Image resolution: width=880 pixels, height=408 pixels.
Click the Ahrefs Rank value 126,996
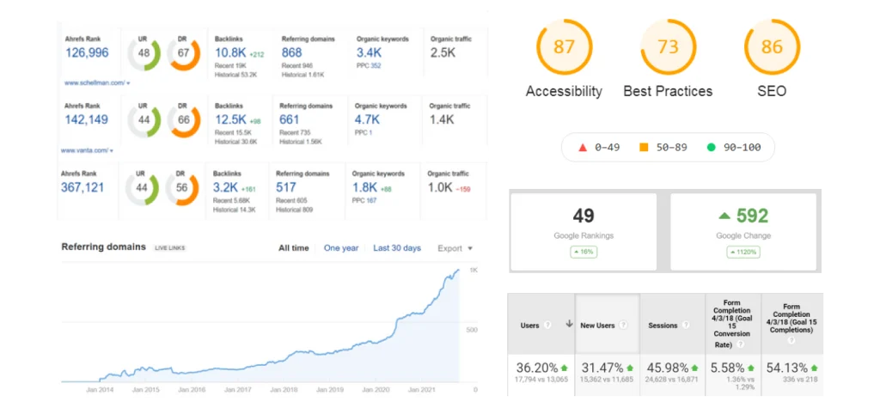pyautogui.click(x=87, y=53)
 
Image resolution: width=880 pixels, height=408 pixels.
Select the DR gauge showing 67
pyautogui.click(x=183, y=53)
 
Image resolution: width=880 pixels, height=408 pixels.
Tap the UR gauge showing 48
pyautogui.click(x=144, y=53)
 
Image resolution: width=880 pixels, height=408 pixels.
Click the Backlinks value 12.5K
pyautogui.click(x=230, y=119)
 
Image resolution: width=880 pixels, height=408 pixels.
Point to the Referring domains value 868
pyautogui.click(x=291, y=53)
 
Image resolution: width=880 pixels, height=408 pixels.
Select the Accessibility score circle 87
pyautogui.click(x=564, y=47)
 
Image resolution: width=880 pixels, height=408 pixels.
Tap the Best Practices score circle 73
pyautogui.click(x=668, y=47)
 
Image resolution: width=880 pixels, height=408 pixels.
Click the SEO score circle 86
pyautogui.click(x=772, y=47)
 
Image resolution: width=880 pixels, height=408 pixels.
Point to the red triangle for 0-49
pyautogui.click(x=582, y=147)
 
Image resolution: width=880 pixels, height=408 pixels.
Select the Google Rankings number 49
pyautogui.click(x=584, y=216)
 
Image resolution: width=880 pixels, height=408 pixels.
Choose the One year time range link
pyautogui.click(x=341, y=248)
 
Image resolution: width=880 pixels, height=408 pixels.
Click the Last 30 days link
pyautogui.click(x=397, y=248)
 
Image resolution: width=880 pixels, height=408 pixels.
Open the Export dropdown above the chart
pyautogui.click(x=455, y=248)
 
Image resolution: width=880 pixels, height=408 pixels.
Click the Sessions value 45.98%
pyautogui.click(x=671, y=368)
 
